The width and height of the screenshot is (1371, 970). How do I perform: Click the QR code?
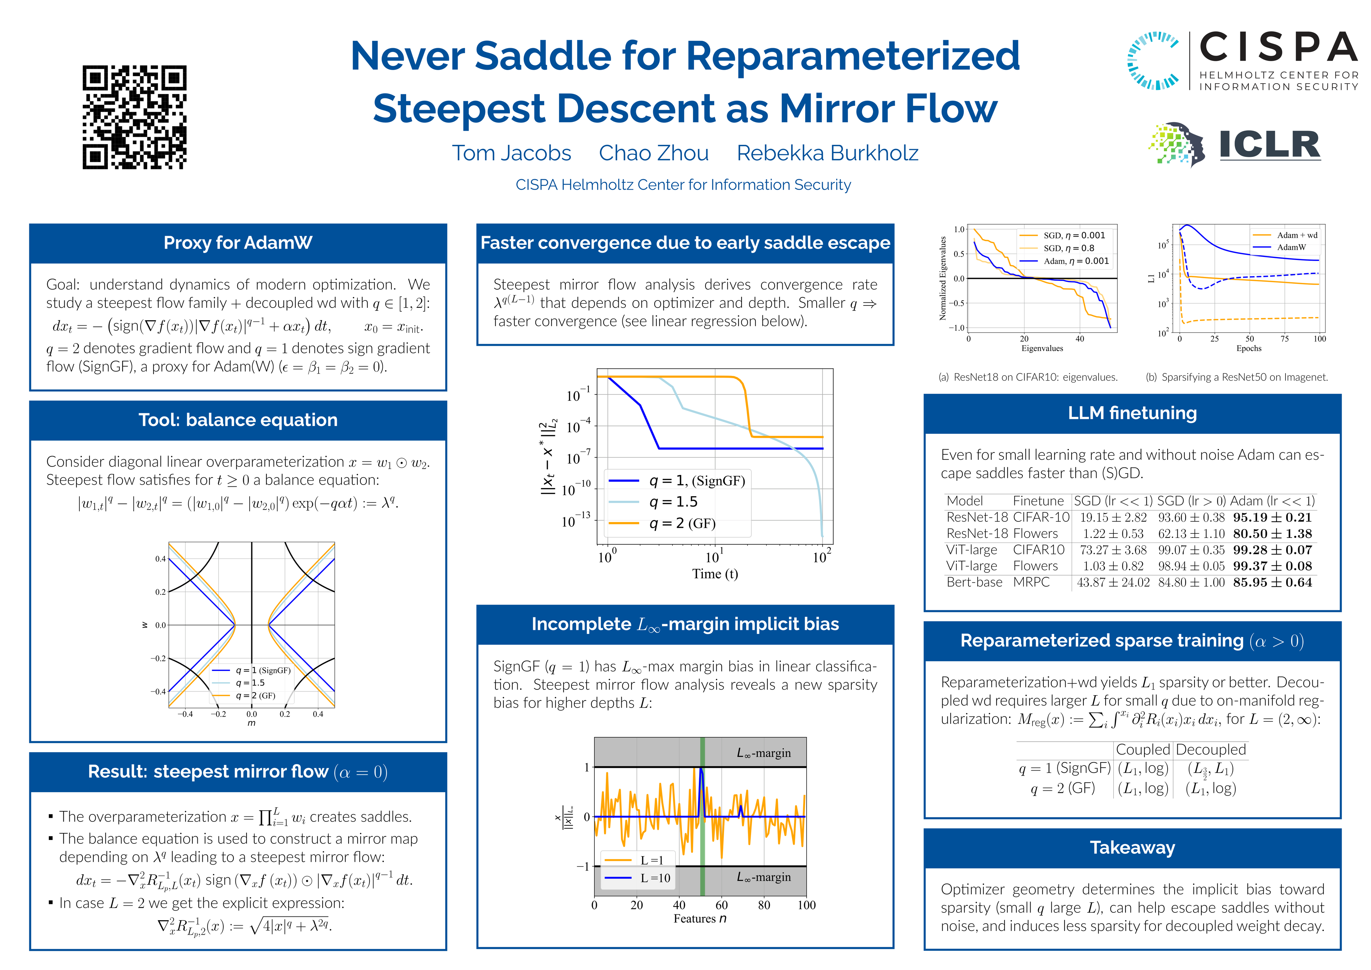click(x=134, y=117)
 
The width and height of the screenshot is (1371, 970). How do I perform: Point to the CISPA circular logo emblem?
click(x=1152, y=60)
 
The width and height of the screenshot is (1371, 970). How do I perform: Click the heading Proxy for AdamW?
click(x=238, y=243)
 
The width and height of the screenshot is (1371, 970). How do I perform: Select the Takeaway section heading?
click(x=1132, y=847)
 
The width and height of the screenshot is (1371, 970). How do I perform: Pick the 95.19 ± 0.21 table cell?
click(x=1272, y=517)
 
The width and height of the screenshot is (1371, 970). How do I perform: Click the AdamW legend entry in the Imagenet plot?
click(x=1291, y=247)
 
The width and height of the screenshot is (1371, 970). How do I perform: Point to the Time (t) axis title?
click(x=715, y=574)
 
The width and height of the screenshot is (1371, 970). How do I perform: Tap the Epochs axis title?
click(x=1249, y=348)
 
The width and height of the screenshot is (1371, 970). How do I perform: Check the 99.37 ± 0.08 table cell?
click(x=1272, y=566)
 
